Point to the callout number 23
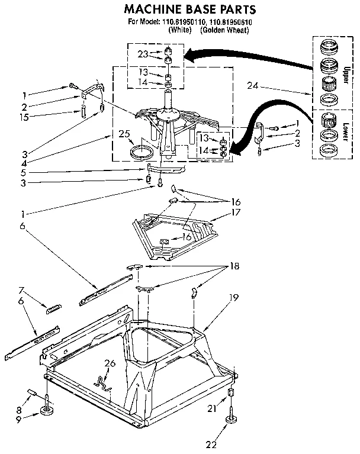pyautogui.click(x=142, y=53)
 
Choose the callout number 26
pyautogui.click(x=110, y=363)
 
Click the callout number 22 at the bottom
pyautogui.click(x=227, y=444)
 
